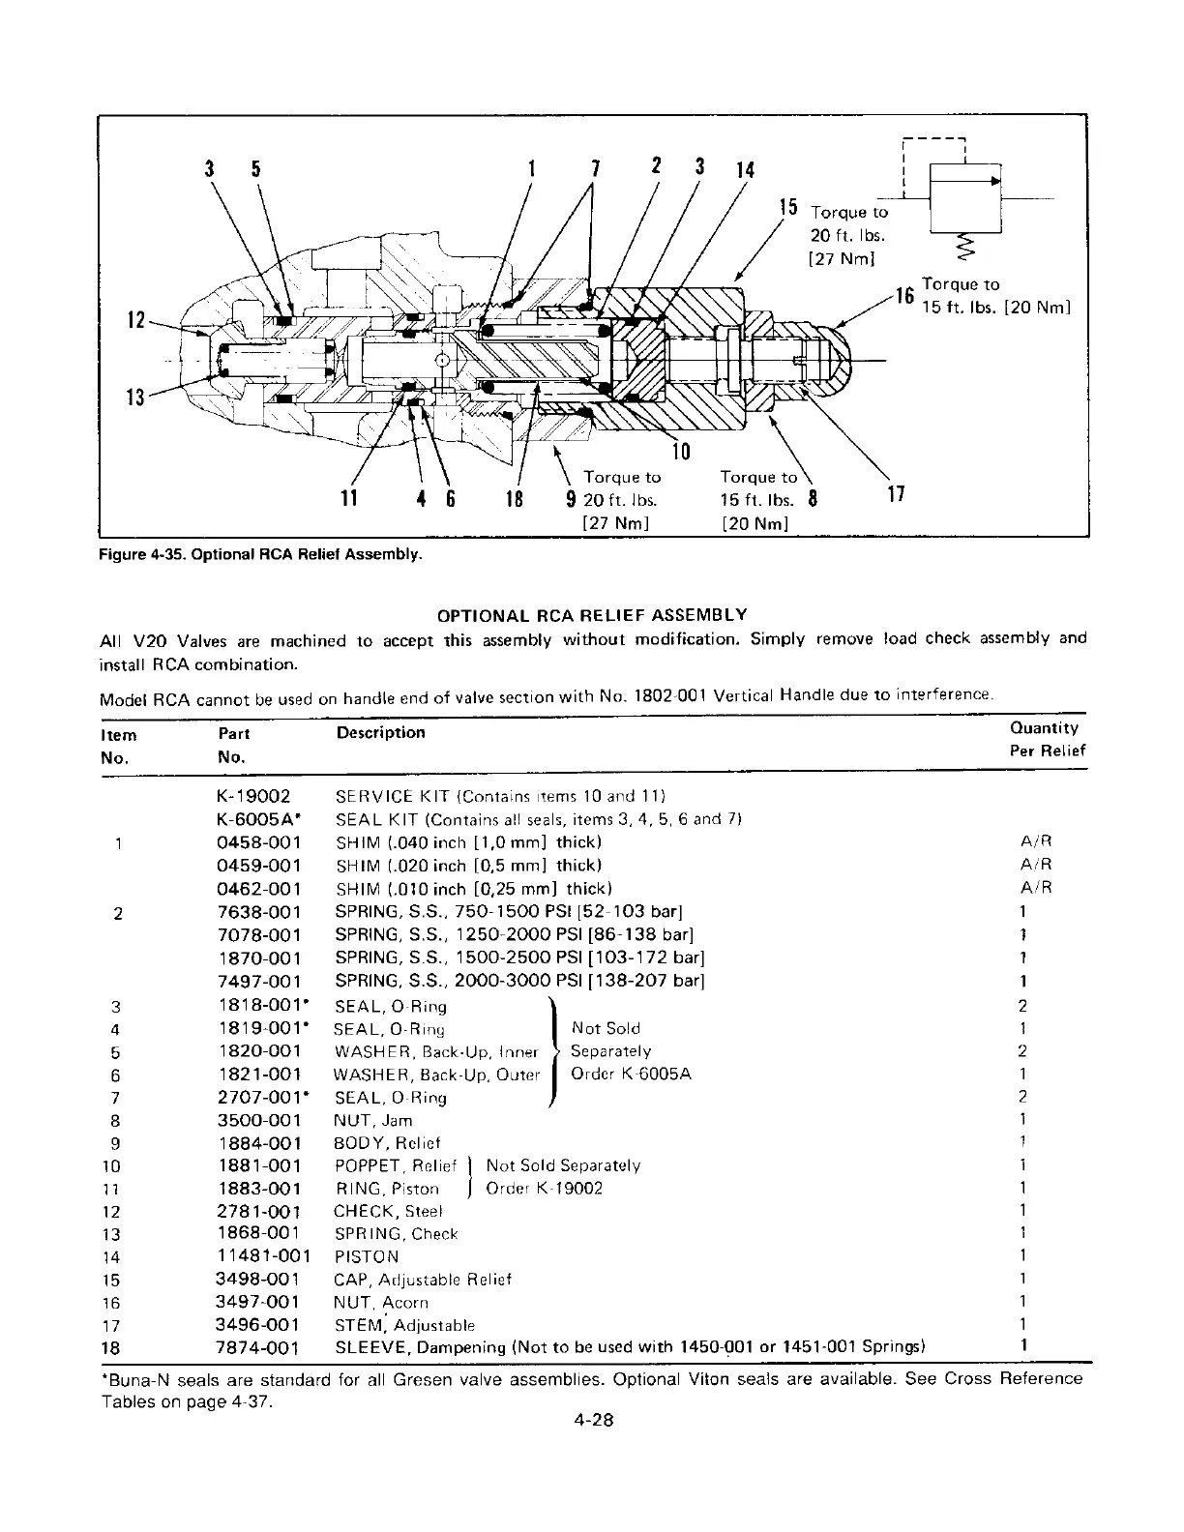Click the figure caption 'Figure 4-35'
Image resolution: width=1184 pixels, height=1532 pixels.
tap(261, 554)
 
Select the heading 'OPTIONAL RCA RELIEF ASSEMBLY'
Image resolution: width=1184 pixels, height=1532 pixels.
tap(592, 615)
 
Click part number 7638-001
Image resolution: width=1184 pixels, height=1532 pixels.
tap(259, 912)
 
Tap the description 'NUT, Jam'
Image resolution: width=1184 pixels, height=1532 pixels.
tap(372, 1121)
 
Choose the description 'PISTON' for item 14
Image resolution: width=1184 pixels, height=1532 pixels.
tap(366, 1257)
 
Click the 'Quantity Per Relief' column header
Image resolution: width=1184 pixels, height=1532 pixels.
tap(1048, 739)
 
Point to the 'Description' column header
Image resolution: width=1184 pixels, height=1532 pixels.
tap(380, 732)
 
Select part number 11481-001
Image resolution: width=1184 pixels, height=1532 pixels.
tap(264, 1256)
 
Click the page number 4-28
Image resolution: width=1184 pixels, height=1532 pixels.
tap(592, 1421)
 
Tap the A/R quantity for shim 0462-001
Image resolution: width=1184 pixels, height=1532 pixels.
tap(1036, 888)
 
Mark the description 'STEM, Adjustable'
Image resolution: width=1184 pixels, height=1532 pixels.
tap(404, 1325)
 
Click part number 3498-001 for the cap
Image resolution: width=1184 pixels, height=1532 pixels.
tap(258, 1280)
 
